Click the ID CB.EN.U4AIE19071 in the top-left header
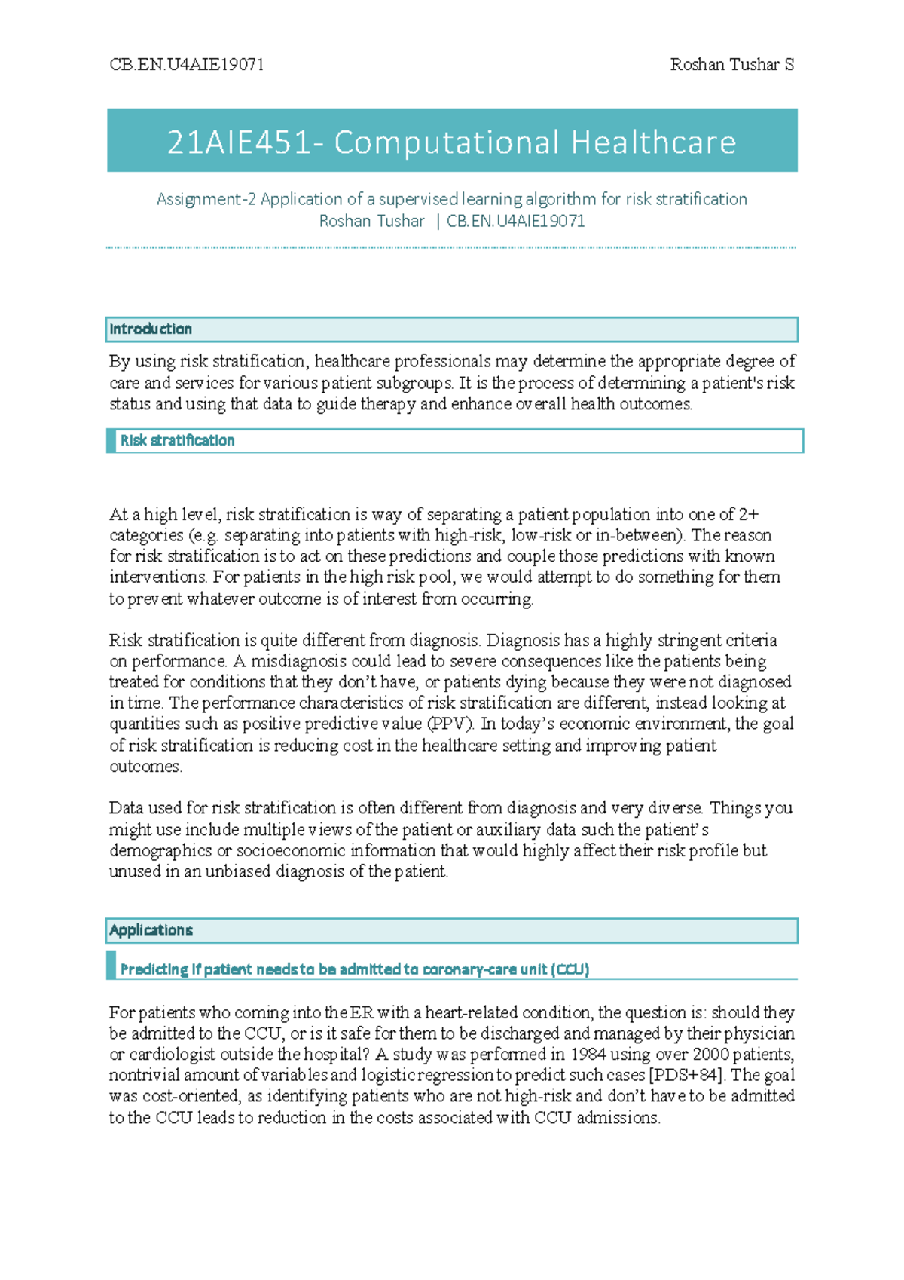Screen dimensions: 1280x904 pos(187,65)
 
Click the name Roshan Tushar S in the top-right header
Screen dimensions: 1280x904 pos(731,65)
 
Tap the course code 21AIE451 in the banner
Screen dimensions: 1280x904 pos(237,142)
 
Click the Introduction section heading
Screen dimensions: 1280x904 pos(151,329)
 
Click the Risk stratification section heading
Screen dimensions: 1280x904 pos(177,441)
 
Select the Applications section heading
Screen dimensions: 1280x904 pos(151,930)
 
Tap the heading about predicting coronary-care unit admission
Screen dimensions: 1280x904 pos(354,969)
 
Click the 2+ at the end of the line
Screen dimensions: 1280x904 pos(748,514)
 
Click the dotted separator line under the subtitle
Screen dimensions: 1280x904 pos(452,247)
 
